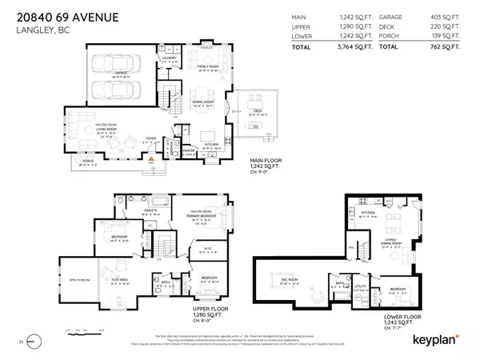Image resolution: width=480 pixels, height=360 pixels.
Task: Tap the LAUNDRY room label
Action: (x=170, y=58)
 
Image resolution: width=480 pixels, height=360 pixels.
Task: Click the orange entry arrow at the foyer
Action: (x=150, y=159)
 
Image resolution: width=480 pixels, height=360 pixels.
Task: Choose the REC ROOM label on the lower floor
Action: (x=290, y=280)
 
